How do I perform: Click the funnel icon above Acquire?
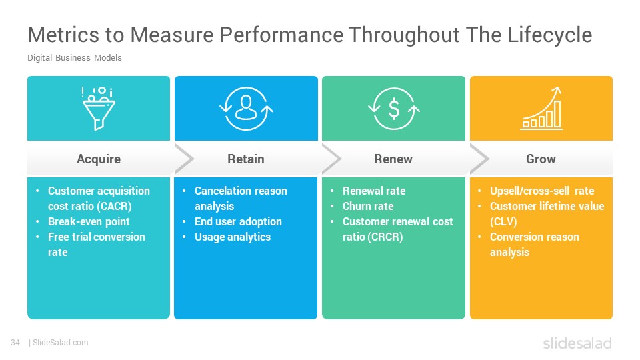click(99, 109)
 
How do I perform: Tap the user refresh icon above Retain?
click(246, 109)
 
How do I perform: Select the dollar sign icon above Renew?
click(394, 109)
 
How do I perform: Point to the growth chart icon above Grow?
click(541, 109)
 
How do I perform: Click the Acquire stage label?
click(99, 159)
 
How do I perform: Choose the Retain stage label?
click(246, 159)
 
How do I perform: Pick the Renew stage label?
click(393, 159)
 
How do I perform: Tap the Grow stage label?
click(541, 159)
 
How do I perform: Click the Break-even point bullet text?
click(89, 221)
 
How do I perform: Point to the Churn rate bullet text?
click(368, 206)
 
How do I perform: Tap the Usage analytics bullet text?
click(233, 237)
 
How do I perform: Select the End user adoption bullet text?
click(239, 221)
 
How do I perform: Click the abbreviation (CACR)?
click(116, 206)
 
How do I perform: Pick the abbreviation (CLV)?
click(503, 221)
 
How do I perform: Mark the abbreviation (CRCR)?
click(387, 237)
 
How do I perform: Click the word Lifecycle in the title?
click(550, 35)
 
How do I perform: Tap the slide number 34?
click(15, 343)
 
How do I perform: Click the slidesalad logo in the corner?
click(577, 343)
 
